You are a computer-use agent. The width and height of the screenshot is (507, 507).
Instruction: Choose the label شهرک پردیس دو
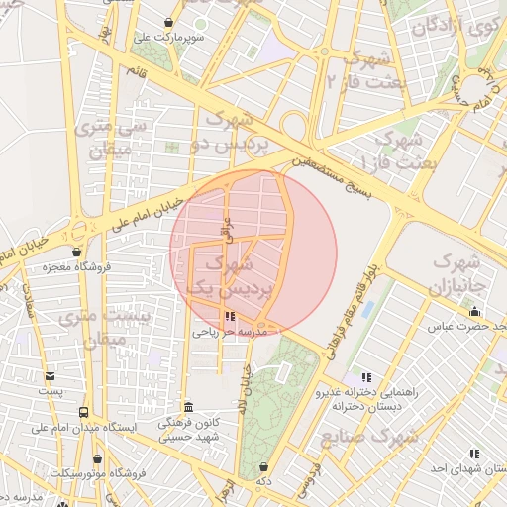coord(231,132)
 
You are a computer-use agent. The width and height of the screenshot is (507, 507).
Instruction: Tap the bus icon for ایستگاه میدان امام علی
coord(83,412)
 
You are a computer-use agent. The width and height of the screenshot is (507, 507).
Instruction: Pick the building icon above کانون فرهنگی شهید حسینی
coord(188,407)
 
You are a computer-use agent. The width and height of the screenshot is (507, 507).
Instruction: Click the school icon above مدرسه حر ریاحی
coord(231,318)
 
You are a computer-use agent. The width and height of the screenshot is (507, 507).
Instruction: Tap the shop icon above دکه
coord(263,466)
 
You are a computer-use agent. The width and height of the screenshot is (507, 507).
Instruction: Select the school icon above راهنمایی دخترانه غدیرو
coord(366,377)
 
